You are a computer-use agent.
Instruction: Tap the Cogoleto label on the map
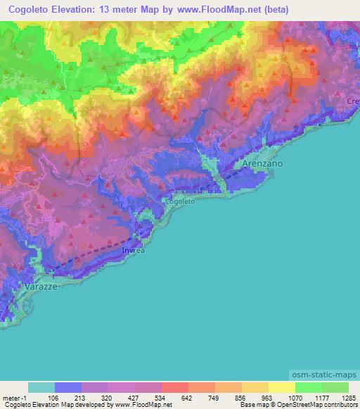[179, 201]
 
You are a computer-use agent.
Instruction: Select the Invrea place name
[133, 249]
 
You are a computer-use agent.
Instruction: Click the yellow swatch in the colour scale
[281, 387]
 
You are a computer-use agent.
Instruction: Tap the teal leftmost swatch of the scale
[41, 387]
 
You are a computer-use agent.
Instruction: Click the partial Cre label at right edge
[352, 103]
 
